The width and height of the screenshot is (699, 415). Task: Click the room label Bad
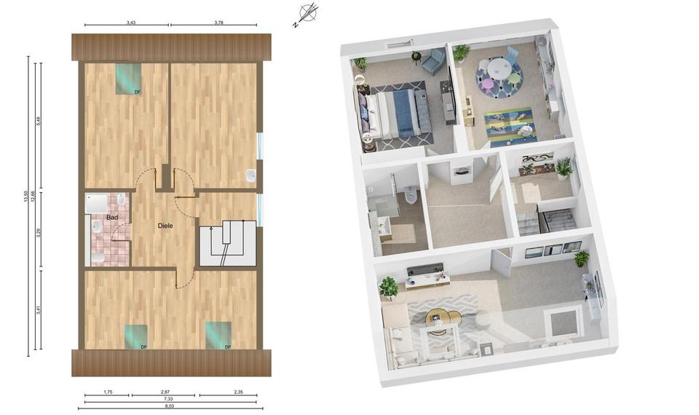coord(112,218)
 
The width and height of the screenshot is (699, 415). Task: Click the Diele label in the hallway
coord(165,226)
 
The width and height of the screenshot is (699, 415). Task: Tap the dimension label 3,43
coord(130,23)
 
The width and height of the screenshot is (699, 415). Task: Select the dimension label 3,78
coord(218,23)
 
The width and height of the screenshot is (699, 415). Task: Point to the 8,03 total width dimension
coord(168,406)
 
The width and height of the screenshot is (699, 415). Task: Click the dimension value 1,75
coord(108,392)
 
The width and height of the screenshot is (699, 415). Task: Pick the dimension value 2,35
coord(239,392)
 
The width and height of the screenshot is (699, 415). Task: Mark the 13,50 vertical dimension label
coord(25,196)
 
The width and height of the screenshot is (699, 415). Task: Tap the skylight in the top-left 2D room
coord(128,79)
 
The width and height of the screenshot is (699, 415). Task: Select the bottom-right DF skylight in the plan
coord(218,335)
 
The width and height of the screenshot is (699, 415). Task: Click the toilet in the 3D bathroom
coord(411,196)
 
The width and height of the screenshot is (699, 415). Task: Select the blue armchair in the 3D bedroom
coord(432,60)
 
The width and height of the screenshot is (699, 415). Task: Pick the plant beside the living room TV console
coord(388,287)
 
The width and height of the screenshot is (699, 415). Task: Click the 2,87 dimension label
coord(165,392)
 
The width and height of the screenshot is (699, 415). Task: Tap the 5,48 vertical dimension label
coord(39,122)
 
